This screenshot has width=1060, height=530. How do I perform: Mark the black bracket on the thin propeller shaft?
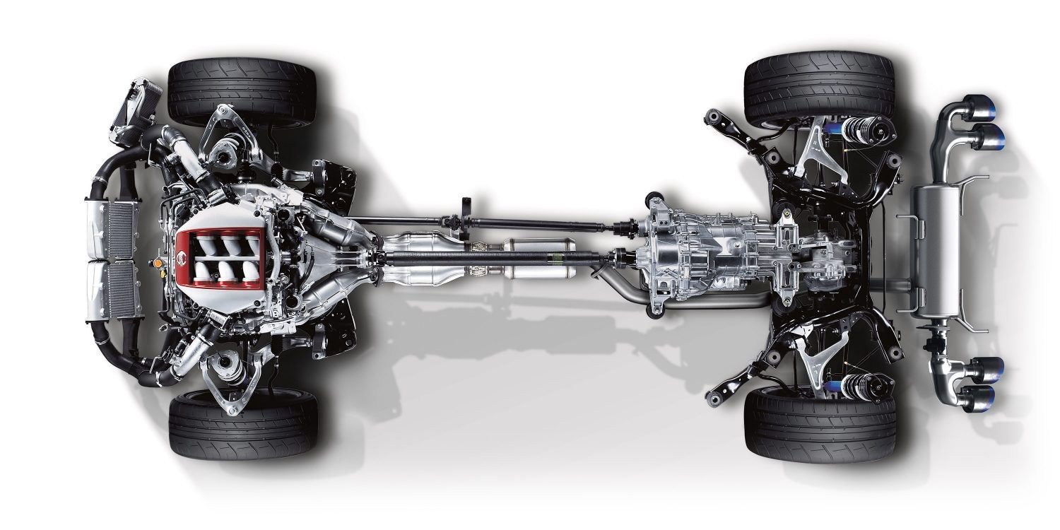(x=466, y=213)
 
